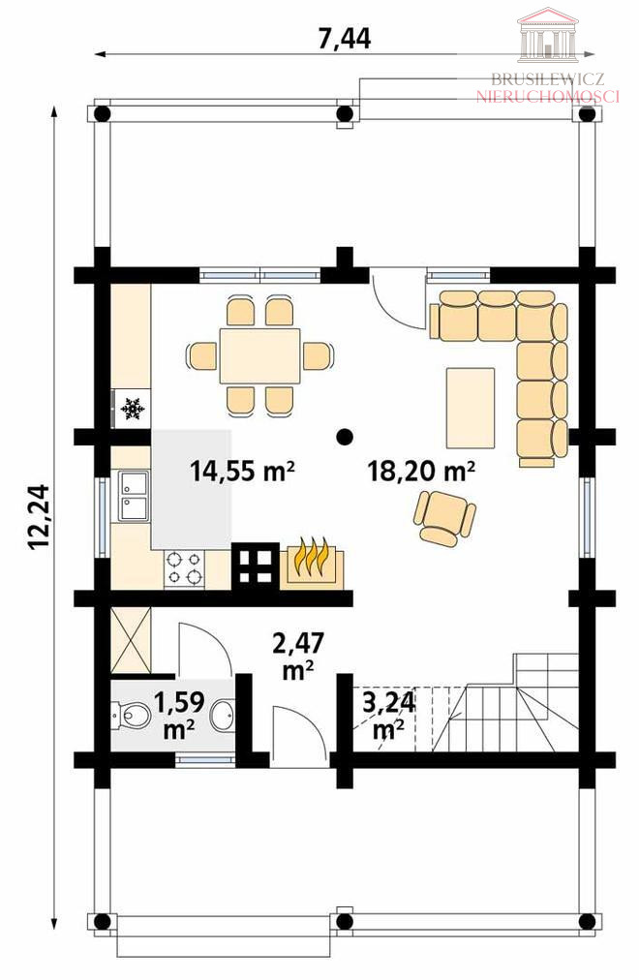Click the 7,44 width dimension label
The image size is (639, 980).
[x=344, y=38]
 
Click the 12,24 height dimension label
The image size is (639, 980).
[x=39, y=517]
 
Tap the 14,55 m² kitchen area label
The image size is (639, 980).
[x=242, y=471]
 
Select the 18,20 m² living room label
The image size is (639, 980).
[x=421, y=471]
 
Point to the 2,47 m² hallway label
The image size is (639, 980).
[x=298, y=656]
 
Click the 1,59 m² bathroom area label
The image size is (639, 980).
[x=179, y=715]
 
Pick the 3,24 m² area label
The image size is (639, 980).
[x=388, y=715]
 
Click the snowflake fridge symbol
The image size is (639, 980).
[x=132, y=409]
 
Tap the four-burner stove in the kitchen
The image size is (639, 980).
[x=184, y=568]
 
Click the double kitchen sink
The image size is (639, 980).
[x=134, y=496]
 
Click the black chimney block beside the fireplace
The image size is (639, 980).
[x=255, y=566]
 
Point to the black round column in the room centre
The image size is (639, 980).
[x=343, y=436]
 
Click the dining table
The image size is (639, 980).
[x=259, y=355]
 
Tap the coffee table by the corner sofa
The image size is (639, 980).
[x=471, y=408]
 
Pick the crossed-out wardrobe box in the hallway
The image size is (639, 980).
[x=131, y=639]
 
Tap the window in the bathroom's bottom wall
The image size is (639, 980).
[x=205, y=759]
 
